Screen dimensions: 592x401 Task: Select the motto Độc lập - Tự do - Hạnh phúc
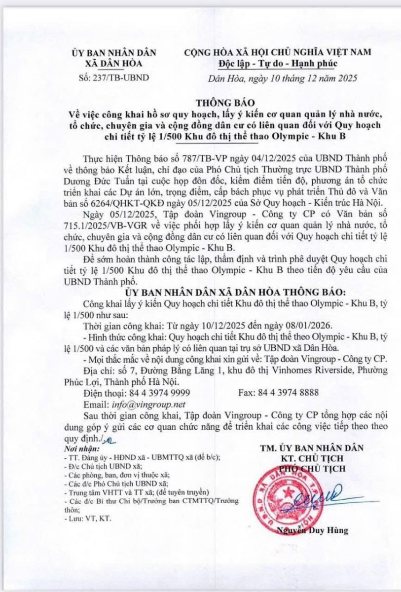(x=277, y=63)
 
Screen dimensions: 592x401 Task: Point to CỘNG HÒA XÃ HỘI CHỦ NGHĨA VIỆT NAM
(x=278, y=52)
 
